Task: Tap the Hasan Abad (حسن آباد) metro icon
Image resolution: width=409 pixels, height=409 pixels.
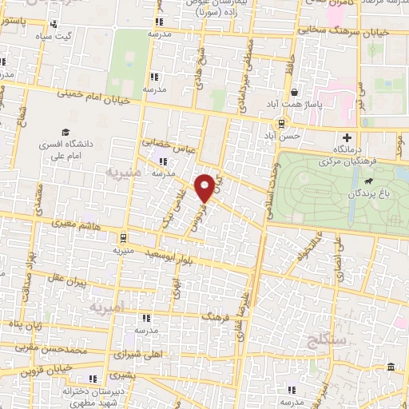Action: click(x=280, y=124)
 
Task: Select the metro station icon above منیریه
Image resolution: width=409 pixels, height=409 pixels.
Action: click(x=122, y=238)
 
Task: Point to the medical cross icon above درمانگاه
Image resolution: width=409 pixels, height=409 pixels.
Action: click(x=347, y=137)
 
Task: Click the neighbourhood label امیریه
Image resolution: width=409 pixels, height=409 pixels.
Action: click(x=104, y=307)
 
